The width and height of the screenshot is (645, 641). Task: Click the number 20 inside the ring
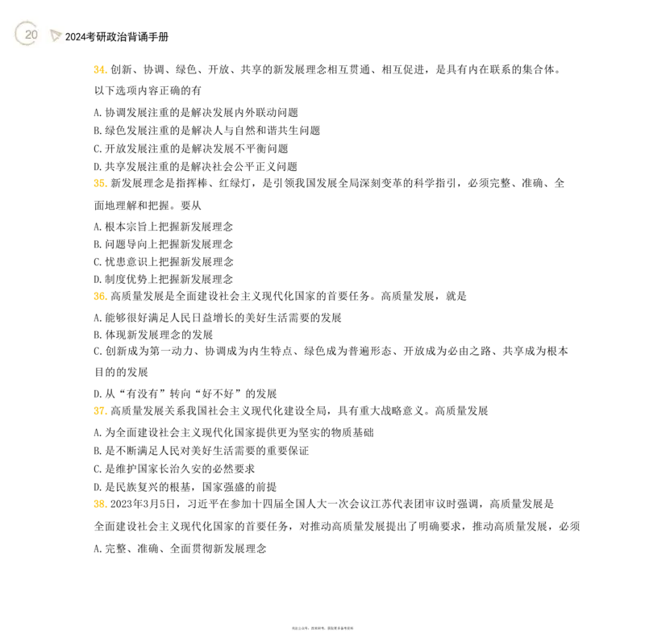click(31, 35)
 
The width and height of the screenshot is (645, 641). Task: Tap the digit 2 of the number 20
click(27, 35)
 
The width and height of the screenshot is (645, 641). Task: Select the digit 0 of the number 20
click(34, 35)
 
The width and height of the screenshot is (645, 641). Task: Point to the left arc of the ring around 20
click(16, 34)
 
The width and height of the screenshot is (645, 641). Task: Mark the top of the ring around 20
click(27, 22)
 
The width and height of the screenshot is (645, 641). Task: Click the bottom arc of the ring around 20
click(27, 45)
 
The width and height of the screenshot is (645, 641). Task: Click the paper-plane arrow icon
click(55, 35)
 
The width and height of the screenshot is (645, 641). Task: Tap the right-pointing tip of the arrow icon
click(61, 33)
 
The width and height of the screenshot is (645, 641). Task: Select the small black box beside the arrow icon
click(68, 37)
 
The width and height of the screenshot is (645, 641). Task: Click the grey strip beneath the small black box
click(68, 44)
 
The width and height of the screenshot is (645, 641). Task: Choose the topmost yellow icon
click(99, 70)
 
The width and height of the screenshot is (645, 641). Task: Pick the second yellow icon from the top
click(99, 184)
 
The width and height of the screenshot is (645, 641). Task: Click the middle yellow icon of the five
click(99, 297)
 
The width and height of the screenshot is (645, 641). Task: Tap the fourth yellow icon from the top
click(99, 412)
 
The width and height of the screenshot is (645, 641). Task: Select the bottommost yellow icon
click(99, 503)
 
